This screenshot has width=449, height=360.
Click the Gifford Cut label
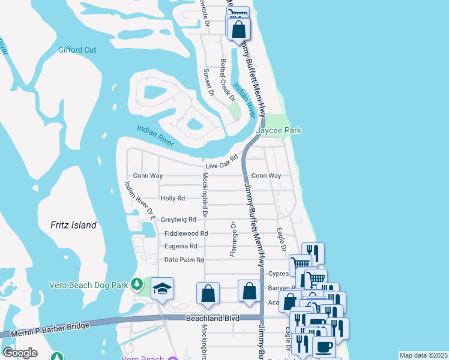[x=77, y=50]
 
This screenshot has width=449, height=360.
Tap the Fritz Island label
[x=73, y=225]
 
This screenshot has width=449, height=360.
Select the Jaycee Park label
[x=279, y=130]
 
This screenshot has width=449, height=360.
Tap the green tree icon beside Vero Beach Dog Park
[x=137, y=283]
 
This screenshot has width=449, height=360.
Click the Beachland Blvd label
[x=212, y=318]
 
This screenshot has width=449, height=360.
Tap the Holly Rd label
[x=173, y=198]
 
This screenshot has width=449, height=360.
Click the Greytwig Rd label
[x=179, y=220]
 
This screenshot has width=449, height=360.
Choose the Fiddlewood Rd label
[x=184, y=233]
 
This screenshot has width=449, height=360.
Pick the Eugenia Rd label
[x=181, y=246]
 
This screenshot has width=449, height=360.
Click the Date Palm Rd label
[x=184, y=260]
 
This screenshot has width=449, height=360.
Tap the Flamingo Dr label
[x=233, y=239]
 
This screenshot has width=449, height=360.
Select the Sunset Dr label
[x=208, y=82]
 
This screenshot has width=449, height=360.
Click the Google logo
[x=20, y=353]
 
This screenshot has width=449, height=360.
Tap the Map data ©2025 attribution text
[x=423, y=355]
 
